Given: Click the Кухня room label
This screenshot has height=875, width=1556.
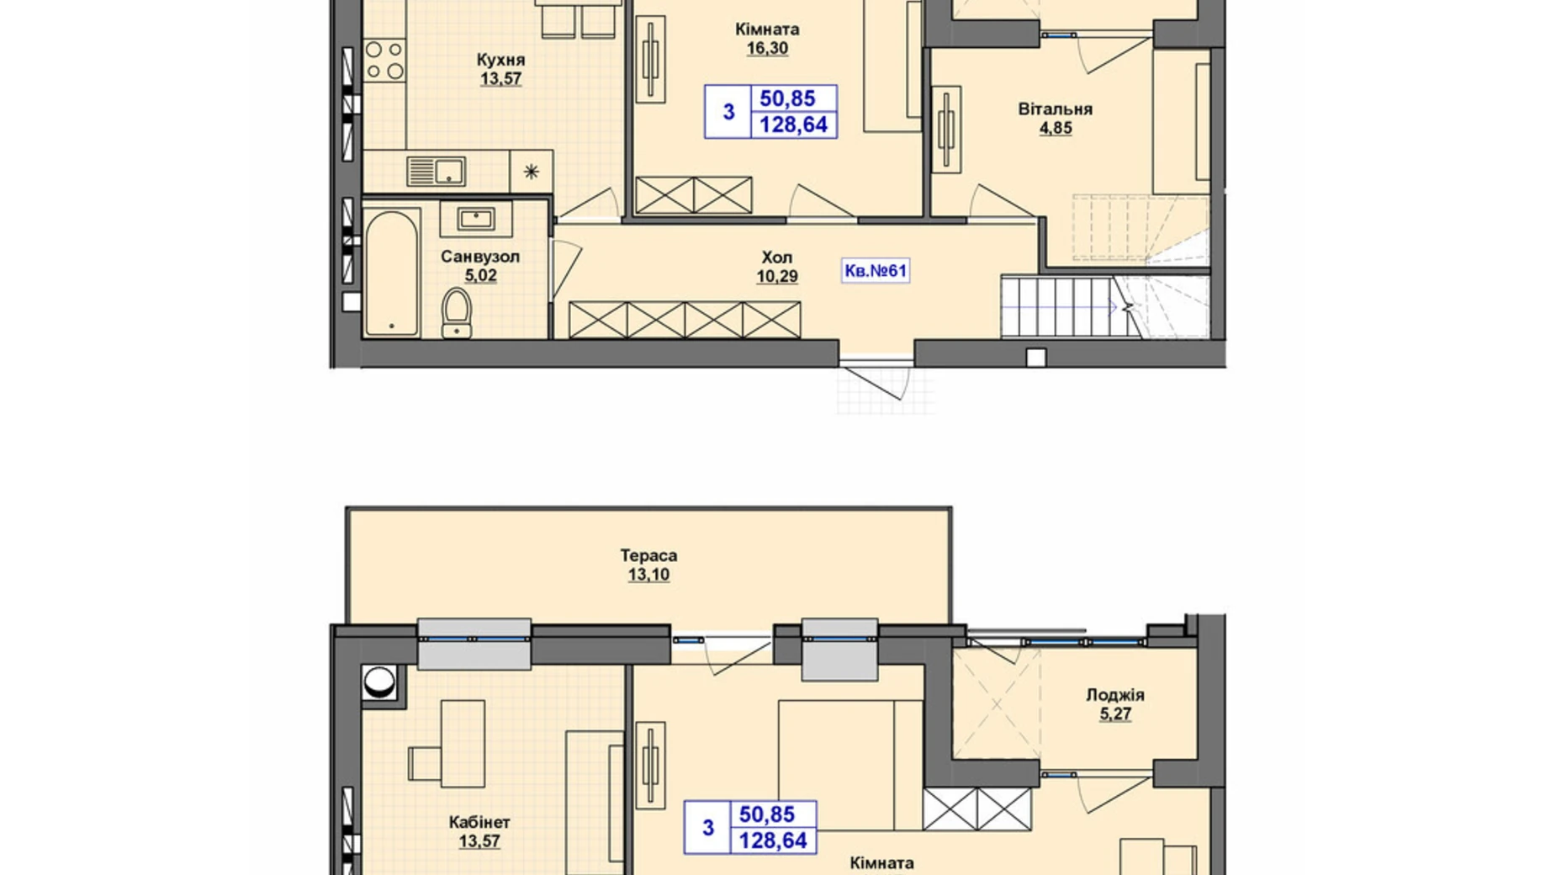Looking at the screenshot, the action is tap(500, 60).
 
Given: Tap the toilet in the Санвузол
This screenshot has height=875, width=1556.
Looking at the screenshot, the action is tap(457, 313).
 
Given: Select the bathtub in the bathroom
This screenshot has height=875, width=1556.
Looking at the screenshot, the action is tap(393, 273).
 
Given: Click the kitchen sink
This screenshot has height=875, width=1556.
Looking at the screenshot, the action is tap(436, 171).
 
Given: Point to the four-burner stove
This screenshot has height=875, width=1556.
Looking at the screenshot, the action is tap(384, 61).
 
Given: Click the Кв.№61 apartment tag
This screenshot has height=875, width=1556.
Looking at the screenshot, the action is tap(875, 270).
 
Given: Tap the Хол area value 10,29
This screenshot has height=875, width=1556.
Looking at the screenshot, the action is tap(777, 277).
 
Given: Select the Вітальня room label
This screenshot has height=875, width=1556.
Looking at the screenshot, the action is tap(1056, 109).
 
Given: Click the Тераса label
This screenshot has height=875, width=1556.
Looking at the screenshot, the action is tap(648, 555).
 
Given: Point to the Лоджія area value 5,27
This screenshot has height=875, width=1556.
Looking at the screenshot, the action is tap(1115, 714).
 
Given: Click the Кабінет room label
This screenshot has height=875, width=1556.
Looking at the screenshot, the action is tap(479, 822).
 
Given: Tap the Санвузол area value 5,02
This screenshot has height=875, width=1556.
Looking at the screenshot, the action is tap(480, 276).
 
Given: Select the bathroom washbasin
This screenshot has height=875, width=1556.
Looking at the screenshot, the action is tap(475, 220).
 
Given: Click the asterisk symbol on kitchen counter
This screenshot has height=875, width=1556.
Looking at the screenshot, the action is tap(531, 172).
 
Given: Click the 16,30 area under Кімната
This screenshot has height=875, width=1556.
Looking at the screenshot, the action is tap(767, 49).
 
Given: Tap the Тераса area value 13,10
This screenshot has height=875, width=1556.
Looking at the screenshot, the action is tap(648, 575).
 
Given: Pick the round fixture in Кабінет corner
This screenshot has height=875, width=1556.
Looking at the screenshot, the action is tap(379, 681).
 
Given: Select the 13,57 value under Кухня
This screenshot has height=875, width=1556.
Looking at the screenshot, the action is tap(500, 79).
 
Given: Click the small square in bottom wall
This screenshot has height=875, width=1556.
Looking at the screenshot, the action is tap(1036, 358).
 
